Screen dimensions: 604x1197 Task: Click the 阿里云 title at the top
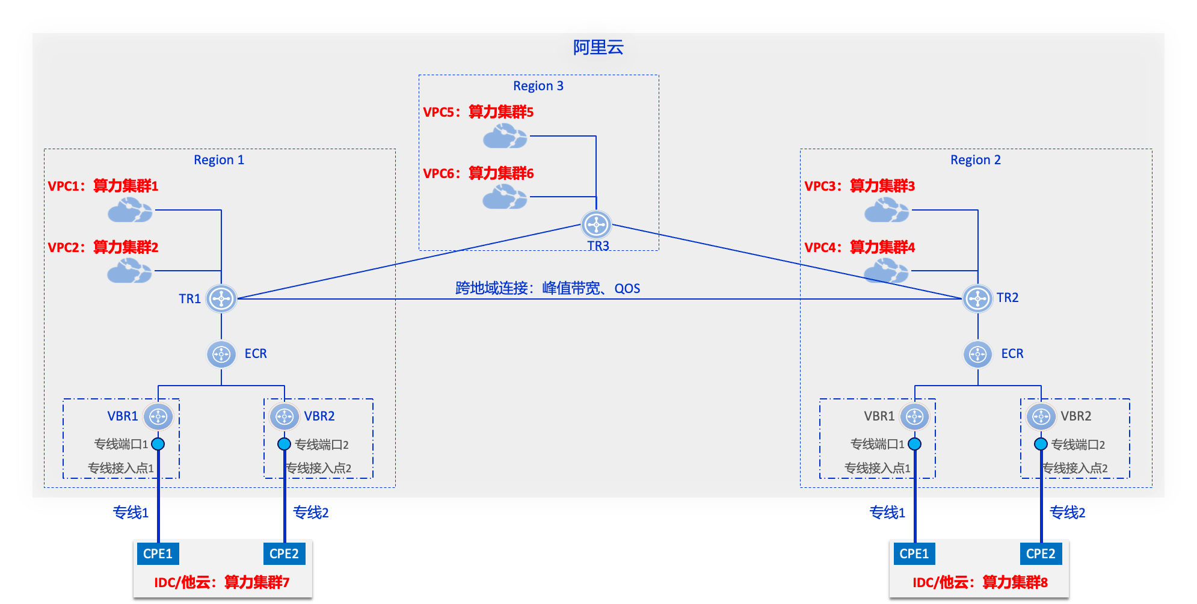tap(598, 48)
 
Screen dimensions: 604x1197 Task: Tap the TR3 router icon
tap(596, 225)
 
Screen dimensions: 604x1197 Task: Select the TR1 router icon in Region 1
tap(221, 298)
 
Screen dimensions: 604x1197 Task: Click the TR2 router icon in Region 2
tap(977, 298)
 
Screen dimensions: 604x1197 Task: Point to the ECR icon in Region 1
tap(221, 354)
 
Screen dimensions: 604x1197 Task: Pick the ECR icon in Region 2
tap(977, 354)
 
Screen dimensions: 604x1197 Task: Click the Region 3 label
tap(538, 86)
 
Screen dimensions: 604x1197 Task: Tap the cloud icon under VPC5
tap(505, 137)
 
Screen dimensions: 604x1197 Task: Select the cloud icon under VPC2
tap(129, 271)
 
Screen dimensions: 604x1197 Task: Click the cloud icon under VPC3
tap(886, 211)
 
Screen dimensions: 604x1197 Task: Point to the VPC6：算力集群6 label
tap(478, 173)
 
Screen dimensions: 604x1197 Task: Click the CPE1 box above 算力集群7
tap(158, 553)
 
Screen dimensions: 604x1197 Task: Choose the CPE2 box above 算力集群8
tap(1041, 553)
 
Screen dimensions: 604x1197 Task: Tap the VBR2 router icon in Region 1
tap(285, 416)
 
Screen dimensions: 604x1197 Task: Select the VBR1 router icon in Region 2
tap(914, 416)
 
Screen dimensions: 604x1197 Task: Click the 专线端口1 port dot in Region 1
tap(158, 444)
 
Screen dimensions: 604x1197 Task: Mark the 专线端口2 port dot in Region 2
tap(1041, 444)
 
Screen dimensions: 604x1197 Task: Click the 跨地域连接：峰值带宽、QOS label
tap(547, 288)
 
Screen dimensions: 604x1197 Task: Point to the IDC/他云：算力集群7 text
tap(222, 582)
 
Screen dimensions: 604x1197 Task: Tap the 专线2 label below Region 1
tap(310, 513)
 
